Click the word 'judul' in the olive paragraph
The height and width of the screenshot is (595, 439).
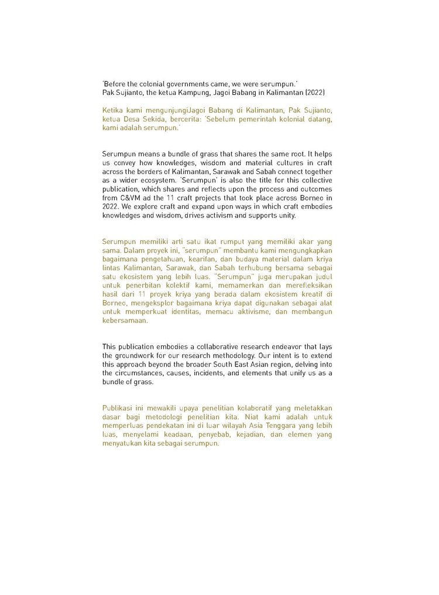[x=321, y=276]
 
